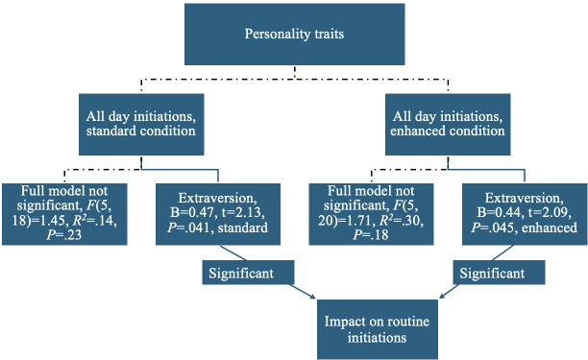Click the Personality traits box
click(294, 35)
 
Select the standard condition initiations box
click(141, 125)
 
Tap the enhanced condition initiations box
click(448, 125)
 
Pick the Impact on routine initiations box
click(378, 329)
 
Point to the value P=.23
click(64, 235)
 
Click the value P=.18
click(371, 235)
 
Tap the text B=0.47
click(193, 213)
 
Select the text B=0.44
click(499, 213)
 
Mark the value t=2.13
click(243, 213)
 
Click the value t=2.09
click(550, 213)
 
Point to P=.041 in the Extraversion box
click(190, 228)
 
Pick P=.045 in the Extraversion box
click(495, 228)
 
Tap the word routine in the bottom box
click(408, 322)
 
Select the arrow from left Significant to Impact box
click(303, 291)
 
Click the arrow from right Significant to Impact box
click(449, 291)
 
